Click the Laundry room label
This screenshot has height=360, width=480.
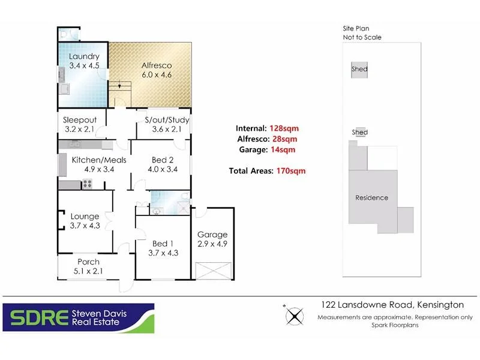point(83,57)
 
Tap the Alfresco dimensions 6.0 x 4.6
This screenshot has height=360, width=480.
point(156,76)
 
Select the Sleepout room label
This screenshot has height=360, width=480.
point(80,120)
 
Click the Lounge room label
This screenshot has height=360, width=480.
point(85,217)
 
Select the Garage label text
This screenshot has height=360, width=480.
point(212,235)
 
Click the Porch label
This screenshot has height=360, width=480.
point(88,262)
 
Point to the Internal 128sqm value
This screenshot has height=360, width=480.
point(284,128)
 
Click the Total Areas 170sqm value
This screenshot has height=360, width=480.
point(290,171)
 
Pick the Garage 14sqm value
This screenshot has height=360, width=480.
point(282,149)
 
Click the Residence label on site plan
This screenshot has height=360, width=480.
point(371,198)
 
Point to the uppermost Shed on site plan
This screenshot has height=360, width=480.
point(359,70)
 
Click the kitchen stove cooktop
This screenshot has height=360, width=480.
point(87,184)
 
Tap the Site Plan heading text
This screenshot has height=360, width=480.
point(356,28)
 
